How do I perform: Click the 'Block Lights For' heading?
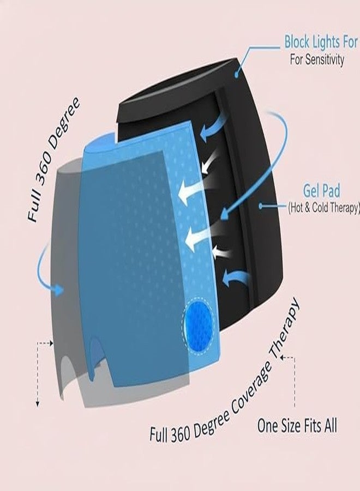click(321, 42)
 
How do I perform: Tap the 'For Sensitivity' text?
click(317, 59)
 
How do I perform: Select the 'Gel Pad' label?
click(321, 191)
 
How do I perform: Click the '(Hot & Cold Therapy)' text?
click(323, 208)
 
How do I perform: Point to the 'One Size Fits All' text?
click(297, 426)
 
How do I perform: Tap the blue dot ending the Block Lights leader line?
click(237, 75)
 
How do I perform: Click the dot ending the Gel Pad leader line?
click(261, 206)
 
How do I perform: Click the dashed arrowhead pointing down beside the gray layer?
click(38, 404)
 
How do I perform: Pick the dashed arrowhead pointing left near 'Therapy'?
click(283, 357)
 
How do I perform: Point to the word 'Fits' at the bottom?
click(308, 426)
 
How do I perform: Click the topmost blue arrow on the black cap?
click(213, 127)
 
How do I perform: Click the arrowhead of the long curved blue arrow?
click(225, 214)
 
